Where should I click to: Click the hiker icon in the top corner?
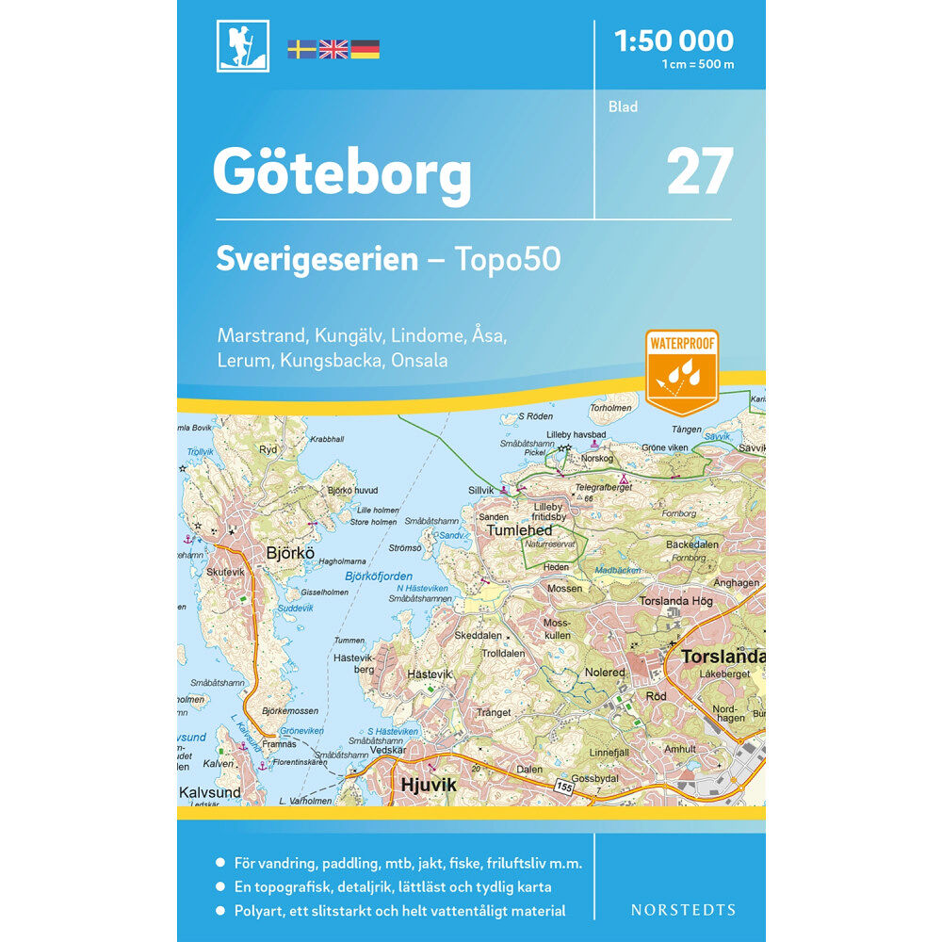242,46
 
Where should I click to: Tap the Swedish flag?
301,49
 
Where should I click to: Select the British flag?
333,49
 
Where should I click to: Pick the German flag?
365,49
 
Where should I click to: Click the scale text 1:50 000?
673,41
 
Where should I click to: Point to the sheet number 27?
700,171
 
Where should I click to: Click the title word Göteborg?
342,173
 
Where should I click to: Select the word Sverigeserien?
317,259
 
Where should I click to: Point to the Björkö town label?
290,553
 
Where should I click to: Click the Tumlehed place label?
519,530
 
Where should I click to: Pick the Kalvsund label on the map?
210,792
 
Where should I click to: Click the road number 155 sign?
563,785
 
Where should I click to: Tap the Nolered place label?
605,673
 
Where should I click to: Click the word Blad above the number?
623,106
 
